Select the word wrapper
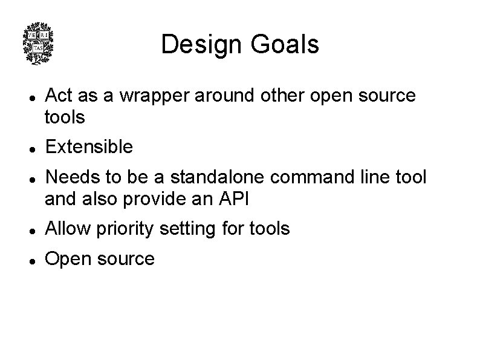pyautogui.click(x=151, y=96)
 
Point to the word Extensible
pyautogui.click(x=89, y=146)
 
